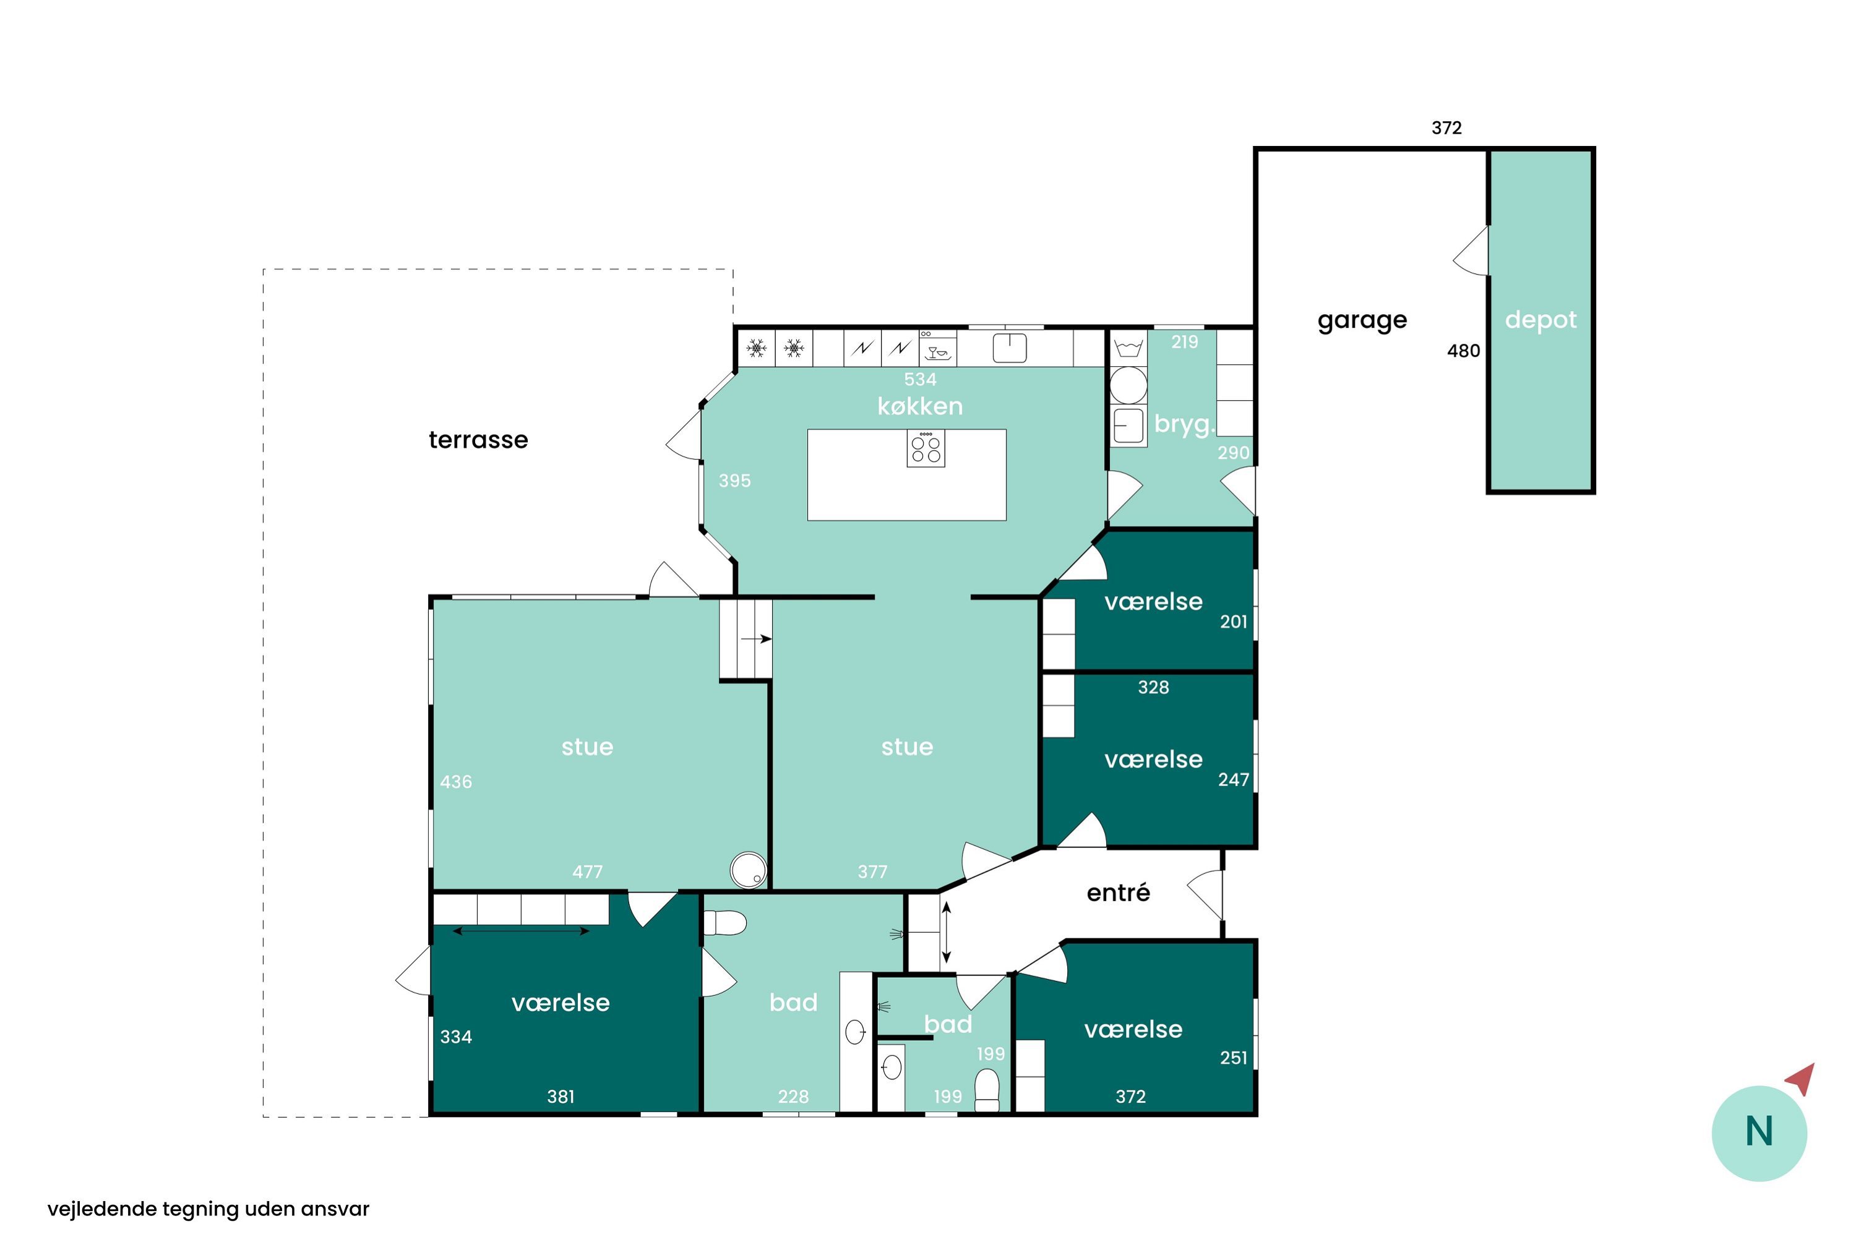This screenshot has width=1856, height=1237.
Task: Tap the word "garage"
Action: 1362,321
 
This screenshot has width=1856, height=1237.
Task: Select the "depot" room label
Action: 1540,320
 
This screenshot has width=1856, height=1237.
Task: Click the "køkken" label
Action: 920,406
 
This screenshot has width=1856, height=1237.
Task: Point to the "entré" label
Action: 1118,892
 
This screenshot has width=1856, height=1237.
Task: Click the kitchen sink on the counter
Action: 1009,347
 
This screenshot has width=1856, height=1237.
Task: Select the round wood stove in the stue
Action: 748,871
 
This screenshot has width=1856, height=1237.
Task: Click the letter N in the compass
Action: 1759,1131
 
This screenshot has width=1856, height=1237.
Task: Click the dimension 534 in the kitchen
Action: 920,380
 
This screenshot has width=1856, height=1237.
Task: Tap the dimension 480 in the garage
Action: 1463,351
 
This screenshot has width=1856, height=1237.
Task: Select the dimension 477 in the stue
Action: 587,871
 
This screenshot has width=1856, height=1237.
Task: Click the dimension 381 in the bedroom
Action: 561,1096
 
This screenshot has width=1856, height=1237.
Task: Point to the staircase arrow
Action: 756,638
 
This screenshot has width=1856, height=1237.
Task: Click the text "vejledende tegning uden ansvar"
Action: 208,1209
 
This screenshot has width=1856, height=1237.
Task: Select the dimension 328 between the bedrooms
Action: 1153,687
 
